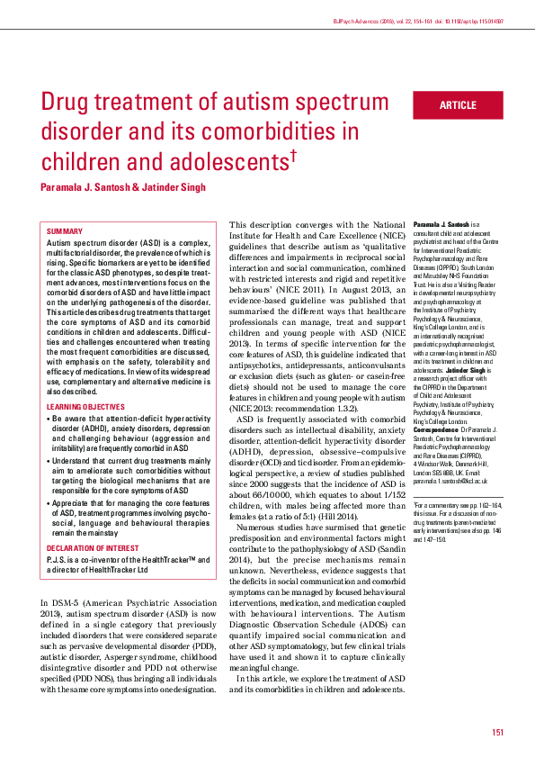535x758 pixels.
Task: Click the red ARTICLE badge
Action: (457, 105)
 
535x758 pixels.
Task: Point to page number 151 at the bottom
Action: (497, 732)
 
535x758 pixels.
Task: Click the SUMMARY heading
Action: (64, 231)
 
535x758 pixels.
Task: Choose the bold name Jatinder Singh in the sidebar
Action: (464, 369)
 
